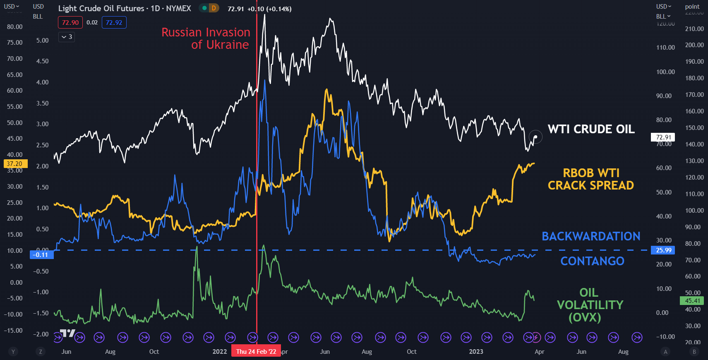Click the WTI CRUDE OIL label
coord(591,129)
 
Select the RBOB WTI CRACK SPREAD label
coord(591,179)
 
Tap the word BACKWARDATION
coord(591,236)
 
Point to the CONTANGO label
coord(592,261)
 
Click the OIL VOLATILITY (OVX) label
coord(590,305)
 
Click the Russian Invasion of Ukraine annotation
coord(206,38)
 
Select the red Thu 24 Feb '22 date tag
coord(256,352)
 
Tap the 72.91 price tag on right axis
coord(663,137)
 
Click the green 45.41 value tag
coord(692,301)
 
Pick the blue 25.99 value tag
coord(663,250)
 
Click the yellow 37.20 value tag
coord(15,164)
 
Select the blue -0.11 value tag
coord(41,254)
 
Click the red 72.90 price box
coord(70,22)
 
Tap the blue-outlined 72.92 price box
coord(114,22)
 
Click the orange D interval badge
coord(214,8)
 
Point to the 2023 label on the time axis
coord(476,352)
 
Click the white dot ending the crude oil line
coord(535,137)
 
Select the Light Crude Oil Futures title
coord(125,8)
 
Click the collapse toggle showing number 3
coord(67,37)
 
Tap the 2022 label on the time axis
coord(220,352)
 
